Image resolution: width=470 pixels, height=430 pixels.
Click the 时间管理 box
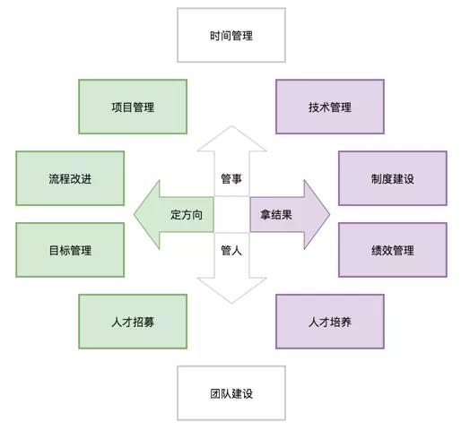[231, 35]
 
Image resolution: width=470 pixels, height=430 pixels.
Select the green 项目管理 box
[133, 107]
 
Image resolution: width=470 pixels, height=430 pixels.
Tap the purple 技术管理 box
[330, 107]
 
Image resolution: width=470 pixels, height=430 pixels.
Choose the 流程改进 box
[70, 178]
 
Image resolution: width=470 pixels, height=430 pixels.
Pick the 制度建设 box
[393, 178]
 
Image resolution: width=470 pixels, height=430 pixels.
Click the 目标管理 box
[70, 250]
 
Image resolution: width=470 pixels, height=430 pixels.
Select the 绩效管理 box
[393, 250]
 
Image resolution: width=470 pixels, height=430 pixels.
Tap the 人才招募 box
[133, 322]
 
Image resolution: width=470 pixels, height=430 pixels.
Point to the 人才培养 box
[330, 322]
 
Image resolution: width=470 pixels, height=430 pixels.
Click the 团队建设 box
[231, 393]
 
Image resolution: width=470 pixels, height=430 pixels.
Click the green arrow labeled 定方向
[177, 214]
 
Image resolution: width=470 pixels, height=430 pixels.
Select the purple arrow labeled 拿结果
[286, 214]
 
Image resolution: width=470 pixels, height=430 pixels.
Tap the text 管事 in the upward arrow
[231, 179]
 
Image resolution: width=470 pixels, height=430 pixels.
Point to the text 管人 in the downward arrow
[231, 250]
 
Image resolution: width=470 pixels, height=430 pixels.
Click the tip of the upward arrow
[231, 125]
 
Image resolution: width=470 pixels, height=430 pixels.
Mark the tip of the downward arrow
[231, 303]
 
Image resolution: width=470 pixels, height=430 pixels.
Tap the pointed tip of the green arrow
[134, 214]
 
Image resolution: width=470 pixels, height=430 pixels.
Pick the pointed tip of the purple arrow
[330, 214]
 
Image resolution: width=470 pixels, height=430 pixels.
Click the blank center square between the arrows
[231, 214]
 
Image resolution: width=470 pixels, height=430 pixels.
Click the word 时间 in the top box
[221, 36]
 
